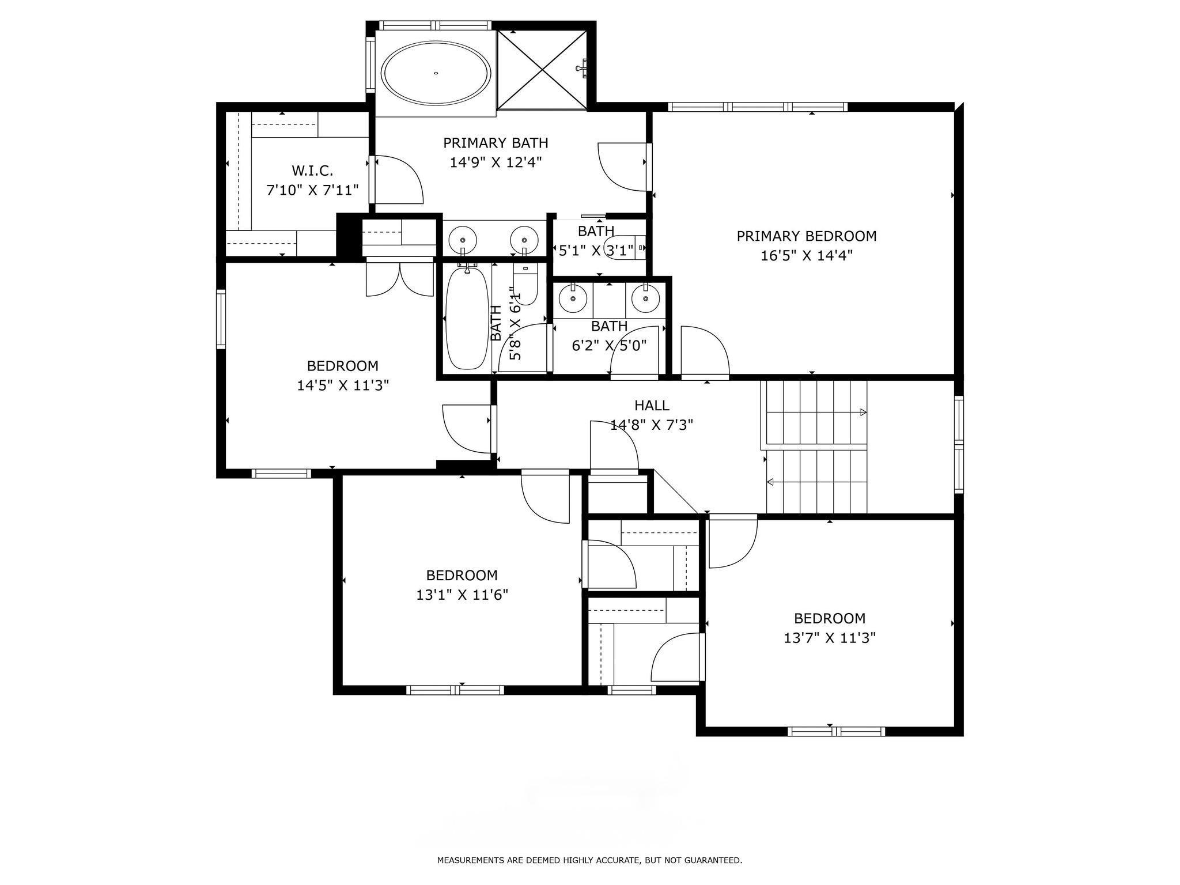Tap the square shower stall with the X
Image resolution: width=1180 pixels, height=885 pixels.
[542, 69]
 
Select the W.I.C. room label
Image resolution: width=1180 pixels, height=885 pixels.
[312, 171]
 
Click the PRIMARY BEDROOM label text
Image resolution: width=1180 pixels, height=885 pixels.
[807, 236]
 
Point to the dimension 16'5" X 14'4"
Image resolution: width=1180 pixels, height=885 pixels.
[807, 255]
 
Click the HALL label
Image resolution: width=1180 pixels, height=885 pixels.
[652, 406]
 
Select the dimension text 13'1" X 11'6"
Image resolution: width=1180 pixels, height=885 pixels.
[462, 595]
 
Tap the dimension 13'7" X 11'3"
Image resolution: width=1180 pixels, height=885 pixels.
[830, 638]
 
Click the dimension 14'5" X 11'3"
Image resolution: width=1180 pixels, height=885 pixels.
[343, 385]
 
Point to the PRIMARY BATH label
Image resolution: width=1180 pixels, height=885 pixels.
[496, 142]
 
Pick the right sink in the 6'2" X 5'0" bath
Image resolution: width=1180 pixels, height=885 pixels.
[645, 298]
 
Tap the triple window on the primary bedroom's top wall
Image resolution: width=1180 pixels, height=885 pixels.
[758, 107]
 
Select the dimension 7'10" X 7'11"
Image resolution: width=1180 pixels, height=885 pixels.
[312, 190]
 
